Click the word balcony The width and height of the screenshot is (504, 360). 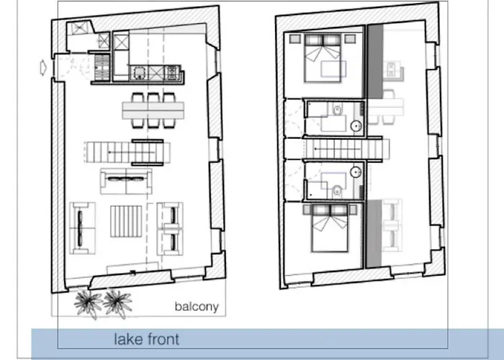pos(196,307)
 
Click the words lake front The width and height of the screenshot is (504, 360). pos(146,339)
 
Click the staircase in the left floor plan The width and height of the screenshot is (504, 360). pos(130,151)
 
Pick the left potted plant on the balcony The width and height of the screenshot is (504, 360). pos(88,302)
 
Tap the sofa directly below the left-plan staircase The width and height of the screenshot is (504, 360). pos(127,181)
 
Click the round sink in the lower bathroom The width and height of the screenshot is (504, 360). pos(356,173)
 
